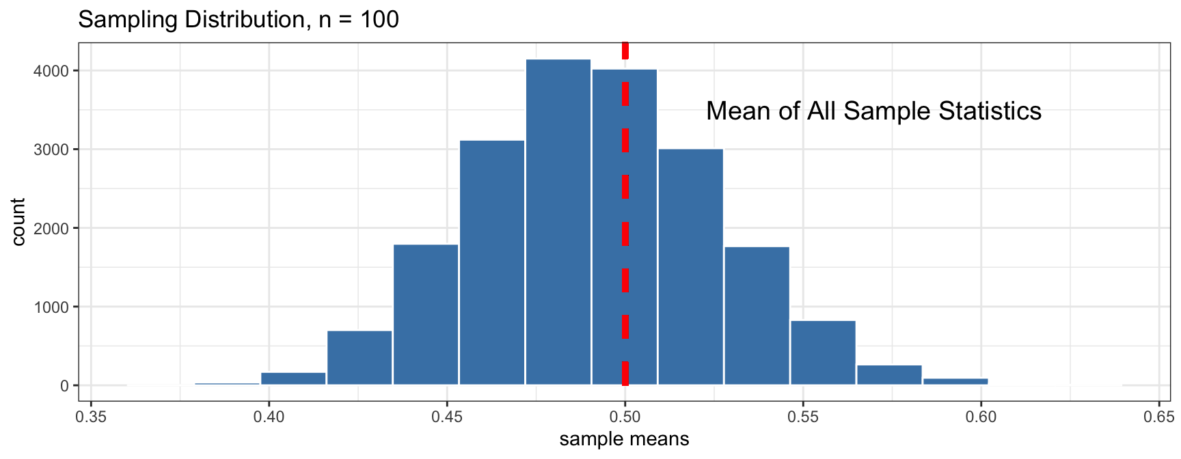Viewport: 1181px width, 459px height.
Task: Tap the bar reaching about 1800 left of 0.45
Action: (426, 314)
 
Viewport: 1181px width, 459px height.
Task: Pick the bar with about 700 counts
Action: (359, 358)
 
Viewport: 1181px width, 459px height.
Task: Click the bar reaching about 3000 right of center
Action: (690, 266)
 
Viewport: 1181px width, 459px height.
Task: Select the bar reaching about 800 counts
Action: (823, 352)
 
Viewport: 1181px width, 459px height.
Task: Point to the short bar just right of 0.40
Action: (293, 378)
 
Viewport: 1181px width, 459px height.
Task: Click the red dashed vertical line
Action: (625, 205)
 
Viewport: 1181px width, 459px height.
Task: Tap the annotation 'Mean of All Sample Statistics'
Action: (873, 111)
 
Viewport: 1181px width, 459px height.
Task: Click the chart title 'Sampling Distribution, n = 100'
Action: (239, 19)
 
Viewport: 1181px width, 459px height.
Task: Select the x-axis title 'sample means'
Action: (624, 439)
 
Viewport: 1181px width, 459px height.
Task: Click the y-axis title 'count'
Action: (18, 222)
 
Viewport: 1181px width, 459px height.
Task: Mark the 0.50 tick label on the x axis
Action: (625, 417)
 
